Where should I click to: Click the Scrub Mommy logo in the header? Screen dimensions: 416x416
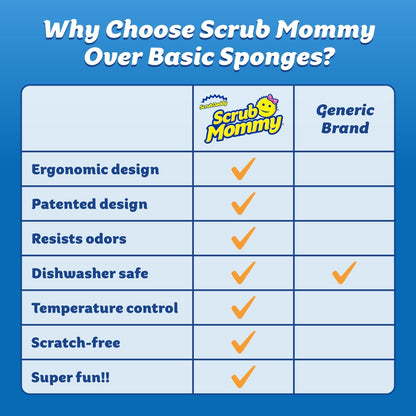tap(243, 118)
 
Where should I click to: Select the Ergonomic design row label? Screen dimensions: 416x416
tap(97, 169)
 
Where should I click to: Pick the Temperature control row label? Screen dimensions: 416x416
tap(105, 307)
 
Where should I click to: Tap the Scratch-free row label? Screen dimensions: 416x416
tap(77, 342)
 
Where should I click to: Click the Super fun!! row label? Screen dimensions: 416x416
tap(72, 376)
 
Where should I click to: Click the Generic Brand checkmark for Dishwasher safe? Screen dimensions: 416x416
tap(344, 271)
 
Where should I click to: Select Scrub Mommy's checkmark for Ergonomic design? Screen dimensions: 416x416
tap(243, 169)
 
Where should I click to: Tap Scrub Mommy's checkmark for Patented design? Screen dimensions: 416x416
tap(243, 203)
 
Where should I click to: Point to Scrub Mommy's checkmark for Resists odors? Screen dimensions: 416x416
tap(243, 238)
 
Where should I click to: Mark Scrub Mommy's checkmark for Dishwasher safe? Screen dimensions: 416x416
tap(243, 272)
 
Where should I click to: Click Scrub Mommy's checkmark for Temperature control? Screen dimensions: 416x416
tap(243, 307)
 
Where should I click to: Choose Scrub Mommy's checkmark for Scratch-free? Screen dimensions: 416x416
tap(243, 341)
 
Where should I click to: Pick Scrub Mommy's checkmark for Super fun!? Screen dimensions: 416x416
tap(243, 376)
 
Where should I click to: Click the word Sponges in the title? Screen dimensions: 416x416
tap(262, 56)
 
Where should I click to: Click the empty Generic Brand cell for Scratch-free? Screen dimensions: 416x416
tap(344, 342)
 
